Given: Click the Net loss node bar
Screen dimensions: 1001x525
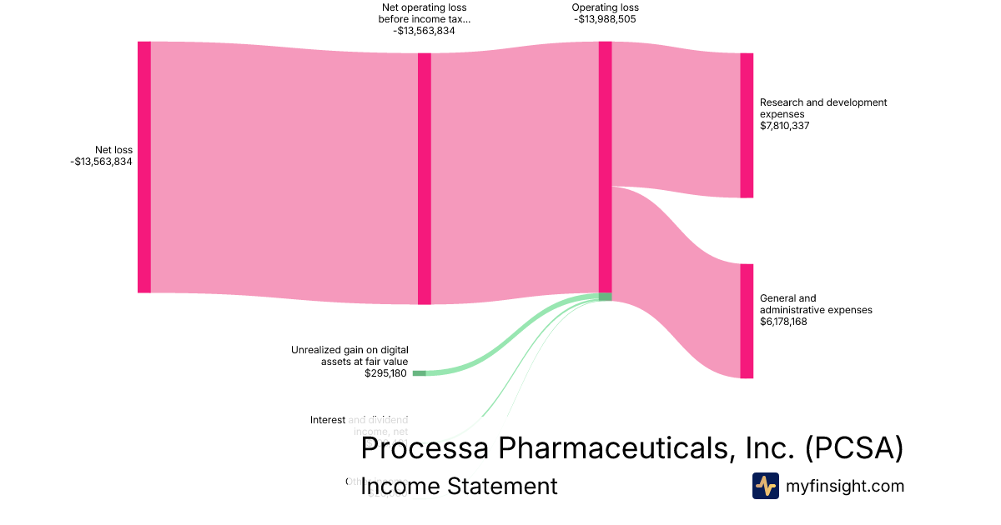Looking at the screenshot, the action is coord(144,167).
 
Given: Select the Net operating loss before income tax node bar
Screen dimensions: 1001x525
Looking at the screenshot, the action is coord(424,178).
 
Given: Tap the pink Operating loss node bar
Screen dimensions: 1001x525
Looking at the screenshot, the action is coord(605,167).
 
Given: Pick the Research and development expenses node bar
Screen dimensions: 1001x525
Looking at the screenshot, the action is coord(747,125).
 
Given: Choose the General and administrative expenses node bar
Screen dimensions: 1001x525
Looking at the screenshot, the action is coord(747,321).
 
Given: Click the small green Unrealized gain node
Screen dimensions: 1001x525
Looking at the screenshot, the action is coord(419,373).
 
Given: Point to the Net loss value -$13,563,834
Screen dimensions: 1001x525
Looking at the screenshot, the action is coord(102,162).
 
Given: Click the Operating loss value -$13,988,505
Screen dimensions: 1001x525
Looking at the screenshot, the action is coord(606,19).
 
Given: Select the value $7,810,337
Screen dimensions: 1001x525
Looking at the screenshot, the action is coord(785,126).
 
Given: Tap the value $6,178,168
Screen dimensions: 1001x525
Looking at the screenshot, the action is coord(783,322).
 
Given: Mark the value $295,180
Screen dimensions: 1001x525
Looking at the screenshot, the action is coord(386,373).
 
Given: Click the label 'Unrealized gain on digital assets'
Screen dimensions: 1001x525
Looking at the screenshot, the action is coord(350,356).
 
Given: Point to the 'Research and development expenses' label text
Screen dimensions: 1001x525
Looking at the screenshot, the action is coord(822,108).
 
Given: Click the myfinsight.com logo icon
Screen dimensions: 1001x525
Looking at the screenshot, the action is coord(766,486).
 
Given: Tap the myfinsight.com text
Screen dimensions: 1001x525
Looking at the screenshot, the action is coord(845,486).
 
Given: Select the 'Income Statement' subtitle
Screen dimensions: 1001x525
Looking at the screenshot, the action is coord(459,486).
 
